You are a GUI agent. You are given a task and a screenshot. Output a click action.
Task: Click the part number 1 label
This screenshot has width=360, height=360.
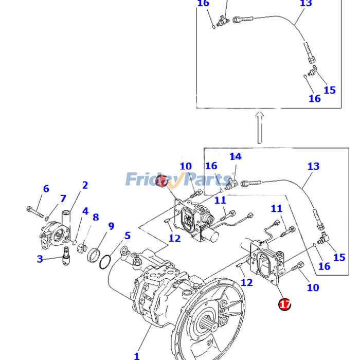(x=136, y=355)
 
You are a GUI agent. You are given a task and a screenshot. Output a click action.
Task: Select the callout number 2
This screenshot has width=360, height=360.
(x=85, y=185)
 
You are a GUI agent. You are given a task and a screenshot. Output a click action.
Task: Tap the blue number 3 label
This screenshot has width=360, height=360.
(x=40, y=259)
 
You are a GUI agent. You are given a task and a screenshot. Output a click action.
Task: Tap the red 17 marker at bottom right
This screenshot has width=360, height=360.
(x=284, y=304)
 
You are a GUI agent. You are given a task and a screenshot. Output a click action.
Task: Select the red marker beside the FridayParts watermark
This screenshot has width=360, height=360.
(x=163, y=181)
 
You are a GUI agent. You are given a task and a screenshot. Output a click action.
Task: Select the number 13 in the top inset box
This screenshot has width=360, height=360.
(x=305, y=4)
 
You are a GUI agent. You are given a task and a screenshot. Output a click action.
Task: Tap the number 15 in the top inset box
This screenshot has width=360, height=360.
(x=329, y=90)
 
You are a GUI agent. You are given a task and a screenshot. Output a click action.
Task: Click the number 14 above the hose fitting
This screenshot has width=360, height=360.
(x=235, y=156)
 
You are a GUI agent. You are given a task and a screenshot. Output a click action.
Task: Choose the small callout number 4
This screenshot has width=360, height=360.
(x=85, y=211)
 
